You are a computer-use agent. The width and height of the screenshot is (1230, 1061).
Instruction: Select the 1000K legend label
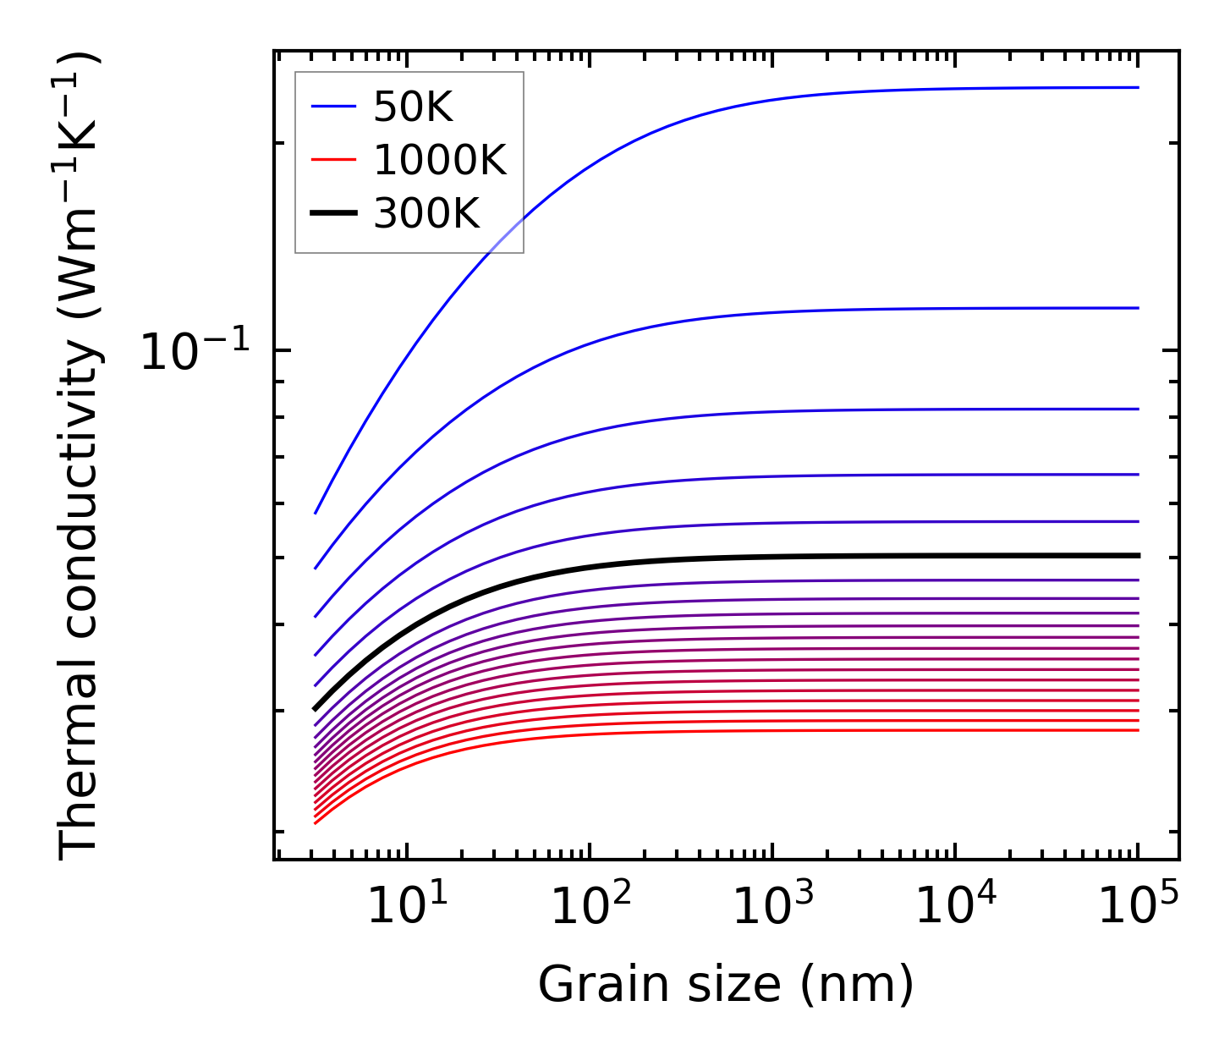point(439,160)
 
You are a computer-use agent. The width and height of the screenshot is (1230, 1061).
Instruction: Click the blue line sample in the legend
point(334,107)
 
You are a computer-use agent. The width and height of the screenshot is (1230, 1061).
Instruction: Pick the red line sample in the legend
point(334,160)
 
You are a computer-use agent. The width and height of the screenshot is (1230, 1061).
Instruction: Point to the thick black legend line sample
point(334,213)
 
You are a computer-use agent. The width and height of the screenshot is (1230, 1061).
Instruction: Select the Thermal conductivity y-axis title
point(80,455)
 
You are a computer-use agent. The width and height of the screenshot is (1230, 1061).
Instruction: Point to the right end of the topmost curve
point(1138,87)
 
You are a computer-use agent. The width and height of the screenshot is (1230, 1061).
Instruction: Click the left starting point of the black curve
point(315,709)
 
